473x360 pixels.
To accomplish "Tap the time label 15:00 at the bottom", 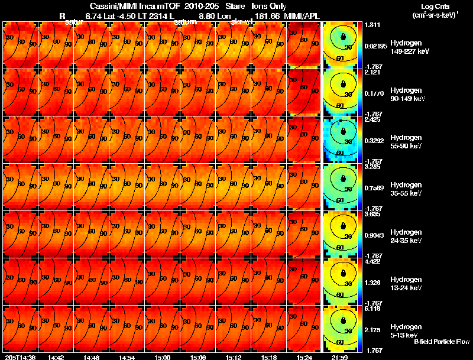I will (162, 357).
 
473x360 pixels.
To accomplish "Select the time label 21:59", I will (339, 357).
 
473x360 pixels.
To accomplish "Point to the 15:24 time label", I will (304, 357).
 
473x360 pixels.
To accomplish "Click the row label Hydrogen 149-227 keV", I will (410, 47).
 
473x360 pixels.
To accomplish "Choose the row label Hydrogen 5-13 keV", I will (406, 330).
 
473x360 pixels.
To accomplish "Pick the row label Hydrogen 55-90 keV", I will (407, 141).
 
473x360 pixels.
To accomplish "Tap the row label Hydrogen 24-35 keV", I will (407, 236).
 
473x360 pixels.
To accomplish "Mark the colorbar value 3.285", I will (372, 167).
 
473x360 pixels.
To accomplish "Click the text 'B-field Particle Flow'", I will (441, 342).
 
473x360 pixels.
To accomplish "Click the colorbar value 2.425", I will (372, 120).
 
